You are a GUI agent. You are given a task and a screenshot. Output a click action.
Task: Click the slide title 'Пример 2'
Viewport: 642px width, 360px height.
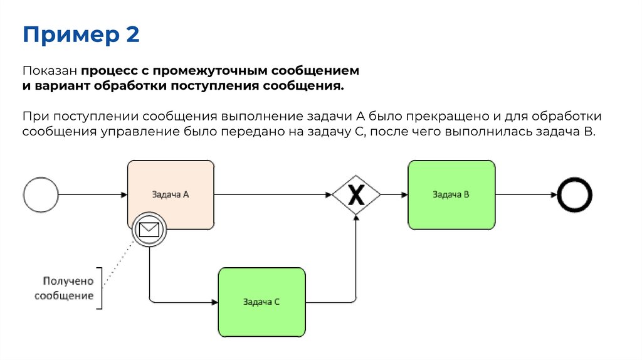(81, 34)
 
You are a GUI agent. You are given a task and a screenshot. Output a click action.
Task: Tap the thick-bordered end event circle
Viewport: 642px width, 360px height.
(575, 194)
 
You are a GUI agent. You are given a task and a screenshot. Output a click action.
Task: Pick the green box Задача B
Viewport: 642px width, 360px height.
(451, 194)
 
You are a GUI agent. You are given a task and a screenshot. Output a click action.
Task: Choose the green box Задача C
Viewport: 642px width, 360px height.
(261, 302)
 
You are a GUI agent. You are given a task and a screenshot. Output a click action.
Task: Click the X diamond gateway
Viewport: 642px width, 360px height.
(356, 195)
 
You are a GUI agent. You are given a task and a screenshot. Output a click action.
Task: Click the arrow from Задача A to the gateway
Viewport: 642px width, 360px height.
(273, 194)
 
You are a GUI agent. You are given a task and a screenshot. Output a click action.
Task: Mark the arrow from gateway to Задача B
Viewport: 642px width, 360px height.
(394, 194)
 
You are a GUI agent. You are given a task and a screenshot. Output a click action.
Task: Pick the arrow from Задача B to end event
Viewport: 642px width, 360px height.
(525, 194)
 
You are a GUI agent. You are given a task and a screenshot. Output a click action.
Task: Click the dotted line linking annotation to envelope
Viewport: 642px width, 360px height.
(119, 263)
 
